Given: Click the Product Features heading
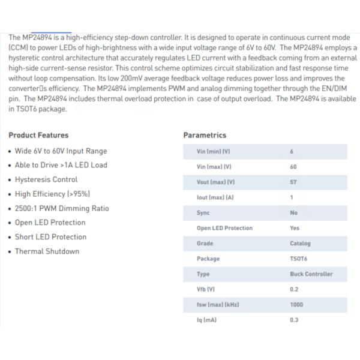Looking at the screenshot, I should (38, 136).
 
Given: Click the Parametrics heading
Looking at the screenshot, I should (205, 136).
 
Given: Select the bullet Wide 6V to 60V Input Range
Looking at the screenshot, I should (61, 151).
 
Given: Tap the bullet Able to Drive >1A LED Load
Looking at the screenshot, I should (61, 165).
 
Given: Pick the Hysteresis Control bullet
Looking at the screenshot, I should (46, 179).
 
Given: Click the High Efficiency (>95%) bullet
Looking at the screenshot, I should (52, 194).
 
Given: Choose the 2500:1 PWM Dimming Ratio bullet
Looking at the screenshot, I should (62, 208).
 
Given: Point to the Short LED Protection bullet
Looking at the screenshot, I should (50, 237).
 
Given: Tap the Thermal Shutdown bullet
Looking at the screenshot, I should (47, 251).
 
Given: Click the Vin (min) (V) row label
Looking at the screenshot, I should (213, 152).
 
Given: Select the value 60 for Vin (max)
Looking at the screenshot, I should (293, 167).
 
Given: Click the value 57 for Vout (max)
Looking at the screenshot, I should (293, 182).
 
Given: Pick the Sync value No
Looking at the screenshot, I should (293, 213).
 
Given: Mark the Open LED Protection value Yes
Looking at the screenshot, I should (294, 228).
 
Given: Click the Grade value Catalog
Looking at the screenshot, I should (300, 244).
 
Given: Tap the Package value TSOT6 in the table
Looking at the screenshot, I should (298, 259).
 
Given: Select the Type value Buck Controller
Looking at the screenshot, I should (311, 274).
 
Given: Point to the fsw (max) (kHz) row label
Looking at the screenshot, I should (218, 305).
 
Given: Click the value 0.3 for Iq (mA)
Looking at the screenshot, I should (294, 320).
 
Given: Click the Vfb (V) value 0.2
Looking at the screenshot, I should (294, 289).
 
